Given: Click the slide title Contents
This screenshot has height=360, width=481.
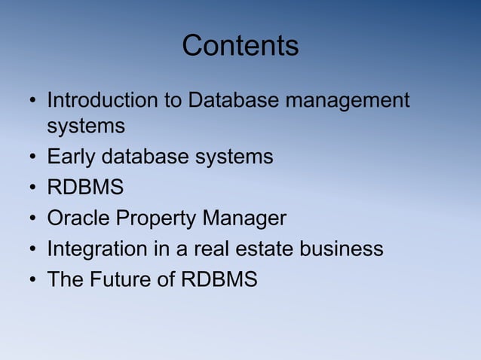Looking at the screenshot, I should (240, 46).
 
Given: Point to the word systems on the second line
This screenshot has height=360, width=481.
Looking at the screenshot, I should (86, 128).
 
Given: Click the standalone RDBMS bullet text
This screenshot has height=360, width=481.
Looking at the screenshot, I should (85, 188).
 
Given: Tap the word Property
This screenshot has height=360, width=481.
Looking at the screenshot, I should (159, 219).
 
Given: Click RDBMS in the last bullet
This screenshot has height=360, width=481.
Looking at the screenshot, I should (219, 279).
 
